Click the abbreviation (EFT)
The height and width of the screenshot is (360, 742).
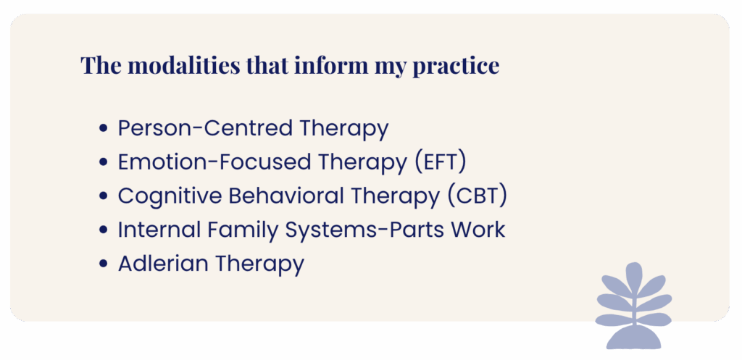click(x=441, y=162)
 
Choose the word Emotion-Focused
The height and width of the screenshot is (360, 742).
click(x=214, y=162)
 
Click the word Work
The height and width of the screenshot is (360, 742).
click(x=478, y=230)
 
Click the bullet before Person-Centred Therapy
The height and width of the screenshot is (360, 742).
click(x=104, y=129)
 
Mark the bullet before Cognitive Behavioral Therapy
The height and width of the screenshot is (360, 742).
click(x=104, y=197)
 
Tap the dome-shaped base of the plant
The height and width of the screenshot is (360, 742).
click(x=633, y=338)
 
